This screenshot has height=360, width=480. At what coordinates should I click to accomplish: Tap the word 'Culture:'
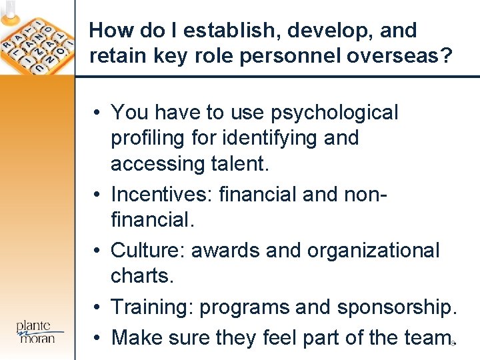(149, 250)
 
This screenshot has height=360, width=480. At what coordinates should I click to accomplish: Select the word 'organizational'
(373, 250)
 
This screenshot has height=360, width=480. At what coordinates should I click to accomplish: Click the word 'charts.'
(143, 275)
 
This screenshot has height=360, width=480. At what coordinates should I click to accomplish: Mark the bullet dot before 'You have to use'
(97, 113)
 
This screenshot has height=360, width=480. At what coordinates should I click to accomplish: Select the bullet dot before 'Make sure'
(97, 338)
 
